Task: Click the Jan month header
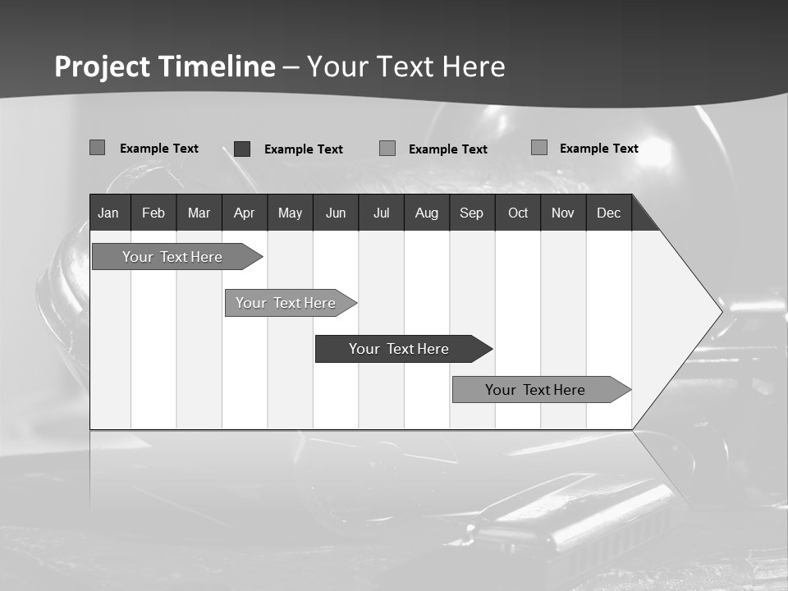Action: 108,213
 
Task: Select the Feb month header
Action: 153,213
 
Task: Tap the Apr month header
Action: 244,213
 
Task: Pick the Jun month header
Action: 336,213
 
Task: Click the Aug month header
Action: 427,213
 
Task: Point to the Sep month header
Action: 472,213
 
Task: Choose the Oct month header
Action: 518,213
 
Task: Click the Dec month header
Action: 609,213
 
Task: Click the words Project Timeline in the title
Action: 164,66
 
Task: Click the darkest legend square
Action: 242,149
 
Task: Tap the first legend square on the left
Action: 97,148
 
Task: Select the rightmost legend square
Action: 539,148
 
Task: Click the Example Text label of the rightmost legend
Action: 599,149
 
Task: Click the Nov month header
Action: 563,213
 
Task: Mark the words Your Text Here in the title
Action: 406,66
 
